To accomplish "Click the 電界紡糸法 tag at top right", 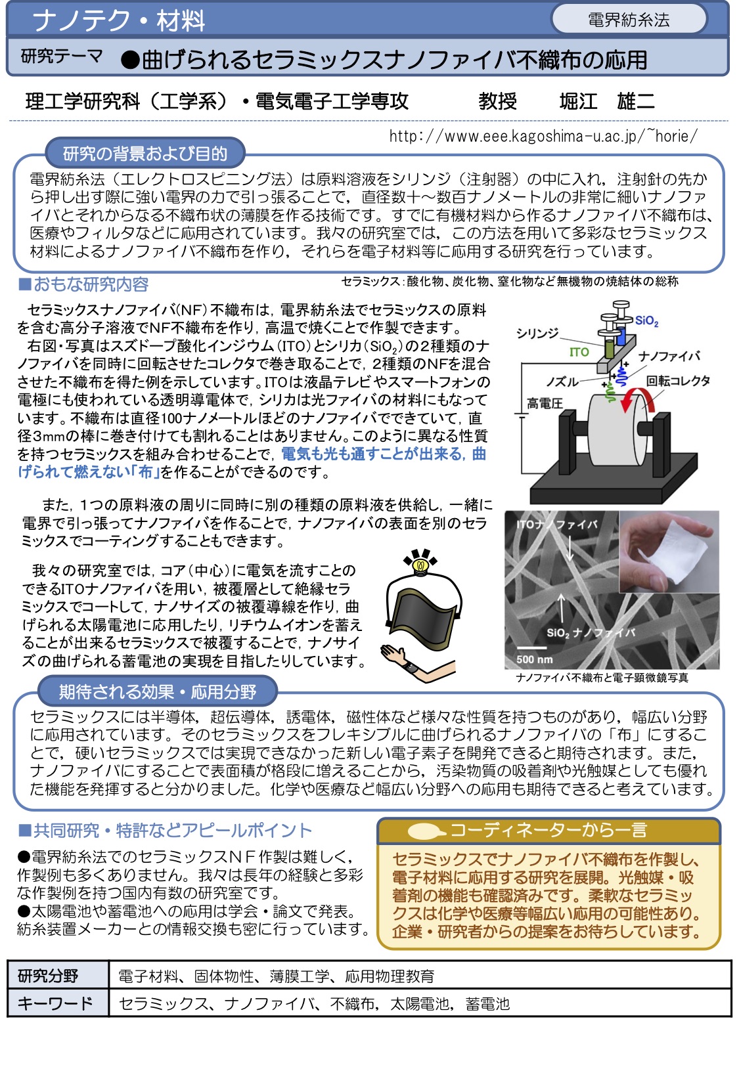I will tap(629, 20).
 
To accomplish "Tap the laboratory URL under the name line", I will tap(543, 136).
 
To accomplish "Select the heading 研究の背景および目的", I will tap(145, 154).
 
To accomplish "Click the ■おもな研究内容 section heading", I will tap(83, 284).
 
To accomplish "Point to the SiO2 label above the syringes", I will tap(646, 320).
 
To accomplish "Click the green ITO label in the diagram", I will tap(579, 352).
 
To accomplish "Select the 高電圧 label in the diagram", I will tap(545, 403).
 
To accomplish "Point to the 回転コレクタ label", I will tap(677, 381).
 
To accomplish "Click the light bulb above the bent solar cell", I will tap(420, 563).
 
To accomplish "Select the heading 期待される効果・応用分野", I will tap(158, 691).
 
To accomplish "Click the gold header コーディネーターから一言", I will tap(549, 831).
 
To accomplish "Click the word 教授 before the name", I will tap(497, 101).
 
